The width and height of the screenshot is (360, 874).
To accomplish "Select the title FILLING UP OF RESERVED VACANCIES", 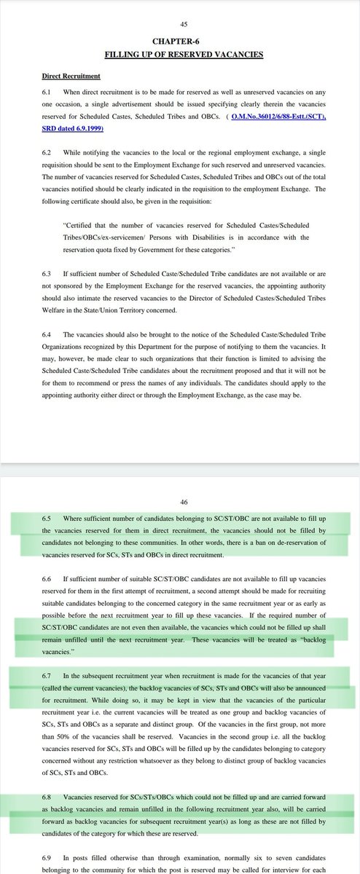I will (180, 55).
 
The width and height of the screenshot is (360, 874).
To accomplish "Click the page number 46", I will (180, 502).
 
